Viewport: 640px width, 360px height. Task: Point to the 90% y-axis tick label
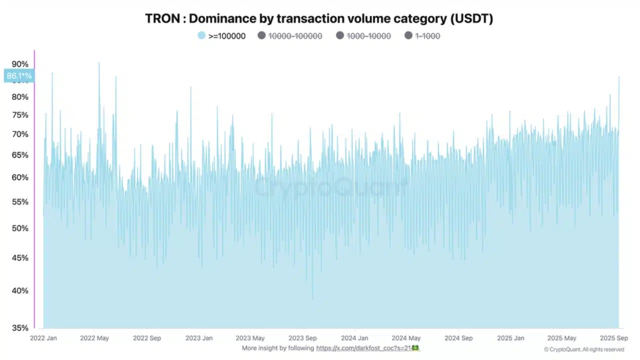tap(20, 64)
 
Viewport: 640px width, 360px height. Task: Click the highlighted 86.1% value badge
tap(19, 76)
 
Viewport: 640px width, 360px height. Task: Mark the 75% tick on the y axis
tap(20, 115)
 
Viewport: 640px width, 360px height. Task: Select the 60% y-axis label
tap(20, 177)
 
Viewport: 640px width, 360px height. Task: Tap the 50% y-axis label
tap(20, 228)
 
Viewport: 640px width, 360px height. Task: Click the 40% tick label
tap(20, 290)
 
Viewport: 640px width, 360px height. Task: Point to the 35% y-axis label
tap(20, 328)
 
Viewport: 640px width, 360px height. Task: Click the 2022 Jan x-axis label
tap(43, 338)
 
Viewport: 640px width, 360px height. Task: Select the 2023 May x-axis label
tap(250, 338)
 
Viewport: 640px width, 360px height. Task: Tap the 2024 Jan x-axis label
tap(354, 338)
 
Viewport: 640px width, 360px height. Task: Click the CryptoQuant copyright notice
tap(584, 349)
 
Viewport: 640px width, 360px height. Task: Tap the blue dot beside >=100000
tap(201, 36)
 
